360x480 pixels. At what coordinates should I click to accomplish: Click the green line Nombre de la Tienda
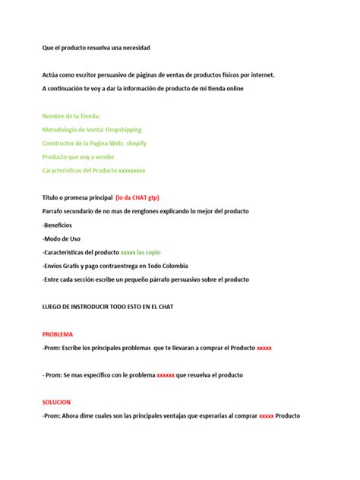point(71,115)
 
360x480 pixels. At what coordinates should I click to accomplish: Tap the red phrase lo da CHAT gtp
point(141,197)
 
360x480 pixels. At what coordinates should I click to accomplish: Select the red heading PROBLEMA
point(58,333)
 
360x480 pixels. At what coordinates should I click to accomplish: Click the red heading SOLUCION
point(56,402)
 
